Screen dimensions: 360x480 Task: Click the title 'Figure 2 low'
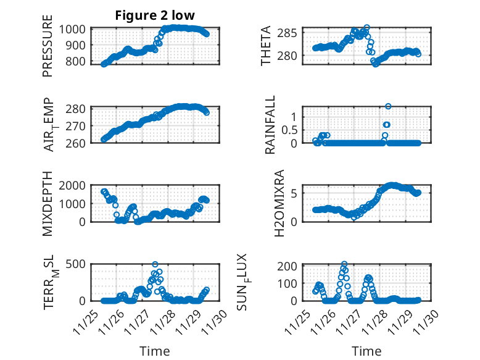[x=155, y=16]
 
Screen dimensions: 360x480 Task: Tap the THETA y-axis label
[x=266, y=45]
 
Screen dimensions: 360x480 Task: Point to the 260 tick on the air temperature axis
[x=79, y=140]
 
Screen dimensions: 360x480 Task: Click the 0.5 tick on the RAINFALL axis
[x=290, y=130]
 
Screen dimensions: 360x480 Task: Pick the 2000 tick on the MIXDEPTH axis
[x=75, y=185]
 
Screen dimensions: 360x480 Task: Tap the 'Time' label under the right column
[x=366, y=351]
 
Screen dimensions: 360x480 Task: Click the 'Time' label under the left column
[x=155, y=351]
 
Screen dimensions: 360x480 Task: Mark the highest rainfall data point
[x=388, y=106]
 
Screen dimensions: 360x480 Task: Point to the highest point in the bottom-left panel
[x=155, y=264]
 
